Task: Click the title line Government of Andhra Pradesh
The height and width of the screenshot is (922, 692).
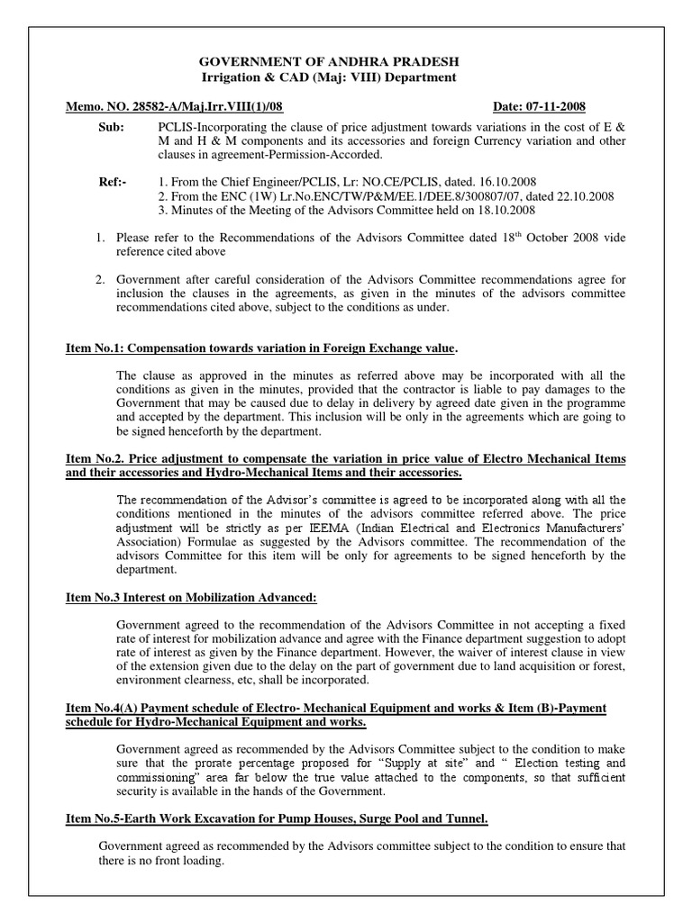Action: coord(329,60)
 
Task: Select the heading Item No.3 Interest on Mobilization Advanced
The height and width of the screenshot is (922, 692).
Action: coord(192,596)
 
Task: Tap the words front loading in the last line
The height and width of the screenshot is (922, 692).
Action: coord(187,861)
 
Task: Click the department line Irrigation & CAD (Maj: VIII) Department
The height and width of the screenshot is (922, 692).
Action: coord(328,77)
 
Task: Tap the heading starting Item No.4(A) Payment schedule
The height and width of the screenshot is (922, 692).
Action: coord(336,709)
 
